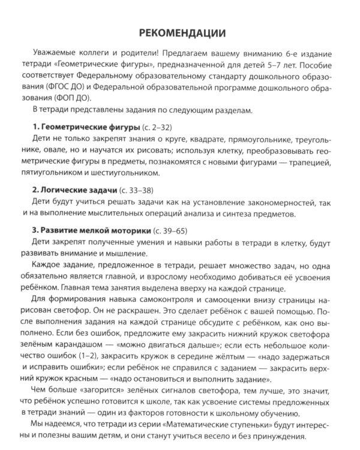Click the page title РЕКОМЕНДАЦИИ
tap(181, 31)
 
